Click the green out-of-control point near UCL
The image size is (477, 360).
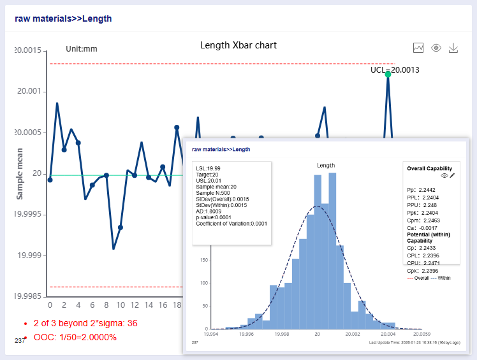[388, 75]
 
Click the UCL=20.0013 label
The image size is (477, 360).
[394, 69]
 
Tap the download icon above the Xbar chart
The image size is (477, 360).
[454, 48]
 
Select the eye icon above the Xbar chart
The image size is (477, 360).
[436, 48]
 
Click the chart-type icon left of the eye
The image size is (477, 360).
[418, 48]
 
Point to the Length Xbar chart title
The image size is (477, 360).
[238, 45]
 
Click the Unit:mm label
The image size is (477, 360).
[82, 48]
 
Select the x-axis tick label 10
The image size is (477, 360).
[120, 305]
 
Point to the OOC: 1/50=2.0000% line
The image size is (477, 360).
[75, 337]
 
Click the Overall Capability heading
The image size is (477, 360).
[429, 168]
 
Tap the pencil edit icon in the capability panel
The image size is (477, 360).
[452, 175]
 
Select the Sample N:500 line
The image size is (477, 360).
[214, 192]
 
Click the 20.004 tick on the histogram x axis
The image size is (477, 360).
[388, 333]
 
